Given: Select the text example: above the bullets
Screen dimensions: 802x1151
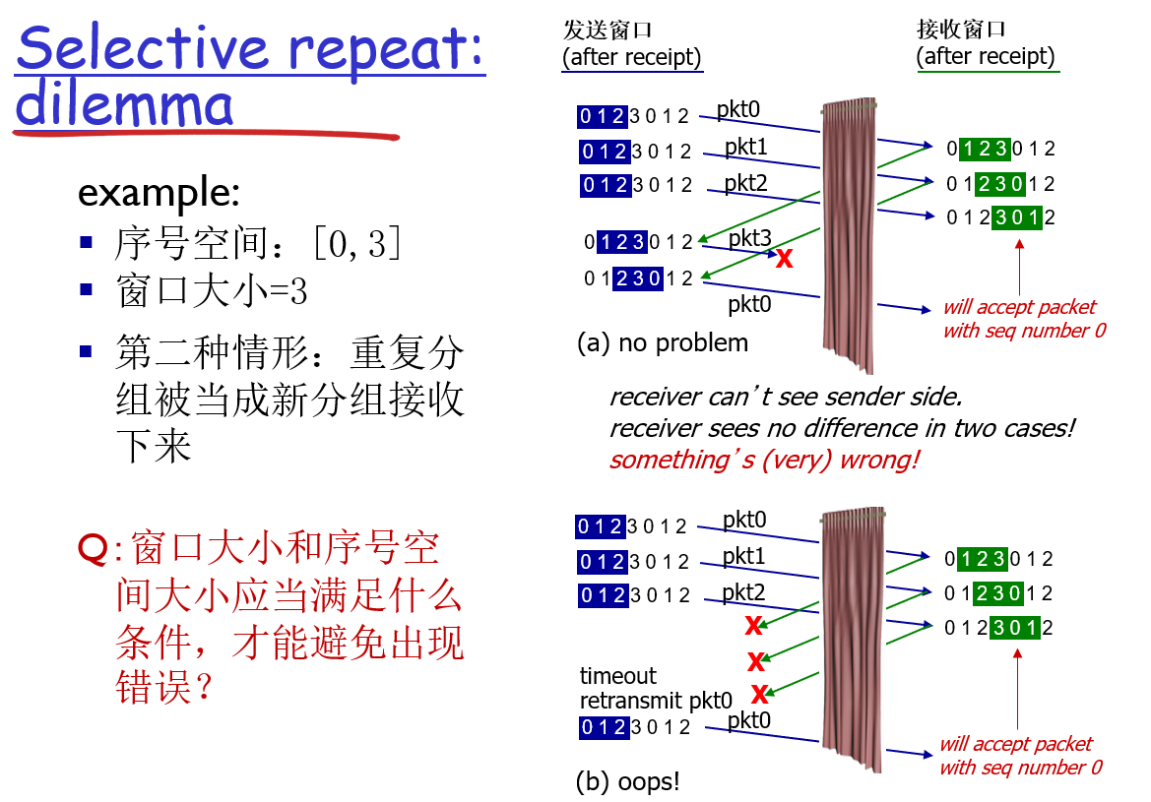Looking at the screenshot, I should tap(159, 193).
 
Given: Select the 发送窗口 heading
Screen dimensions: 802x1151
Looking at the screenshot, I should tap(607, 30).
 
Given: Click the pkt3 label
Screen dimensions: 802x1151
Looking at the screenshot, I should tap(749, 239).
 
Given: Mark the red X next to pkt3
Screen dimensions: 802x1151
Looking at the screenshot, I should tap(784, 260).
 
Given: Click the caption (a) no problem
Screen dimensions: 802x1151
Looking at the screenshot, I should tap(662, 342).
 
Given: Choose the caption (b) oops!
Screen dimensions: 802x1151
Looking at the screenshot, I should tap(627, 782).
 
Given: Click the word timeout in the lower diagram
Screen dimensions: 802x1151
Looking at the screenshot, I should tap(617, 676).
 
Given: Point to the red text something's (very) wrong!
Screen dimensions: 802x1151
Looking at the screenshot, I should tap(763, 460).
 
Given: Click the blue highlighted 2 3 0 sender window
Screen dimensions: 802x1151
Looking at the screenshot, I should tap(636, 278).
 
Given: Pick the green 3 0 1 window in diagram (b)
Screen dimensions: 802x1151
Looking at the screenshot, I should tap(1007, 628).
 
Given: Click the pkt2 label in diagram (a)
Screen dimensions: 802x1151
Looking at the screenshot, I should tap(745, 183).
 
